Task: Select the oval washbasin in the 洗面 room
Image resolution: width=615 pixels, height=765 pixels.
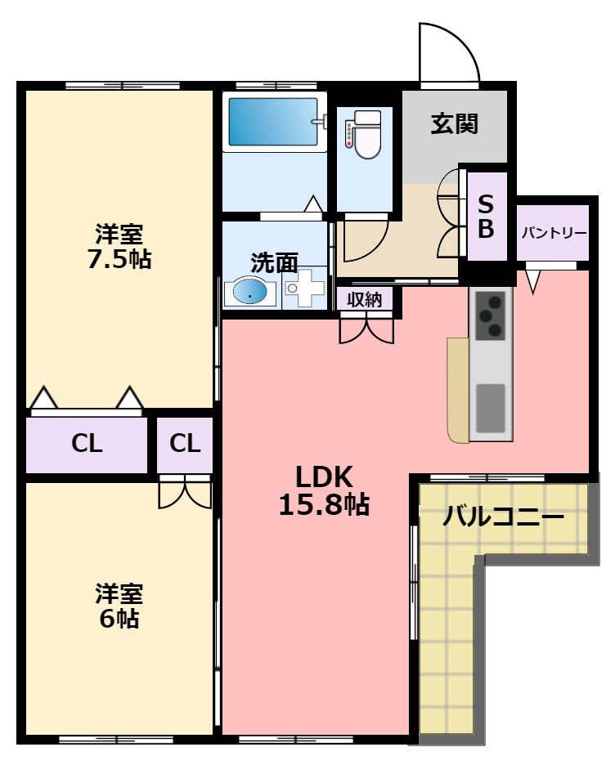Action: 250,292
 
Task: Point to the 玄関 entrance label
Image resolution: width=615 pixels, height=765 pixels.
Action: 455,124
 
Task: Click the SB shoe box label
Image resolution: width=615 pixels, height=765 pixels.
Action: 486,217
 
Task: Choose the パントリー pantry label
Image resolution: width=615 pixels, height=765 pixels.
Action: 554,233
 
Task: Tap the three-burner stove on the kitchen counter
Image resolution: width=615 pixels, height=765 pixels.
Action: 491,315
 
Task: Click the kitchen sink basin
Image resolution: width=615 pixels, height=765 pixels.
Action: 491,407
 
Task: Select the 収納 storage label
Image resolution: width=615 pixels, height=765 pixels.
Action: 365,299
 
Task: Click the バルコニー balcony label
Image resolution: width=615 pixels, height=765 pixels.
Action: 503,517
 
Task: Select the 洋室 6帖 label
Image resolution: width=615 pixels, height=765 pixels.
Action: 119,605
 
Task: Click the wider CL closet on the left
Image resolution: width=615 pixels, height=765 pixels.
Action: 87,444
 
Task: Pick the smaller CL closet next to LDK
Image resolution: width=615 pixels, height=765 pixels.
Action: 186,444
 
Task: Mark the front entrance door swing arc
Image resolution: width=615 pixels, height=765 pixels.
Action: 449,54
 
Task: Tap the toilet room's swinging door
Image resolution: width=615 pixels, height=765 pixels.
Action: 365,239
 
